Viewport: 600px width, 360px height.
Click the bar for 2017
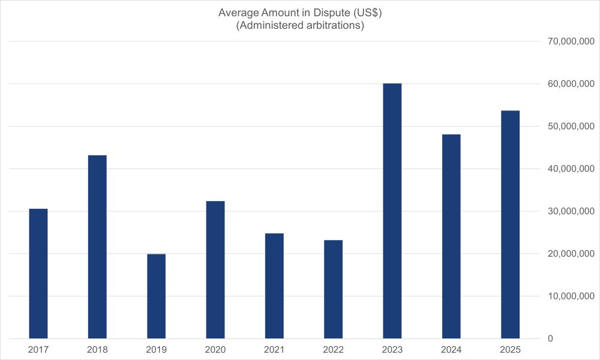tap(38, 274)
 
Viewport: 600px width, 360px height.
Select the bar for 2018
tap(97, 247)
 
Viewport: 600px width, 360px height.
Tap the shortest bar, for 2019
tap(156, 296)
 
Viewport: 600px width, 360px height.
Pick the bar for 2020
tap(215, 269)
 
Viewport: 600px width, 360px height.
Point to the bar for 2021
tap(274, 286)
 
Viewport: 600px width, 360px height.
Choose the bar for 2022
tap(334, 289)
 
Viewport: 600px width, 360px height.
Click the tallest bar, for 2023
tap(392, 211)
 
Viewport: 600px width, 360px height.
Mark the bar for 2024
tap(451, 236)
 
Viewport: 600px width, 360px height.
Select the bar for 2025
tap(511, 224)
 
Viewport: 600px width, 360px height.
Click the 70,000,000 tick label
tap(568, 41)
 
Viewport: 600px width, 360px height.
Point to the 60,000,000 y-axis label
tap(568, 84)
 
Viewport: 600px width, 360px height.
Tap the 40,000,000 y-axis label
tap(568, 169)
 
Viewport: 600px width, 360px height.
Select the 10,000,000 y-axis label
tap(568, 296)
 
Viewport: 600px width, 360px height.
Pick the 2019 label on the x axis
tap(156, 349)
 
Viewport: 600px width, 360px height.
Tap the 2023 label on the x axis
tap(392, 349)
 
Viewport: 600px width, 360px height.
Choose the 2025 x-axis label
tap(511, 349)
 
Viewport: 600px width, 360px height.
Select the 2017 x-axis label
tap(38, 349)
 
